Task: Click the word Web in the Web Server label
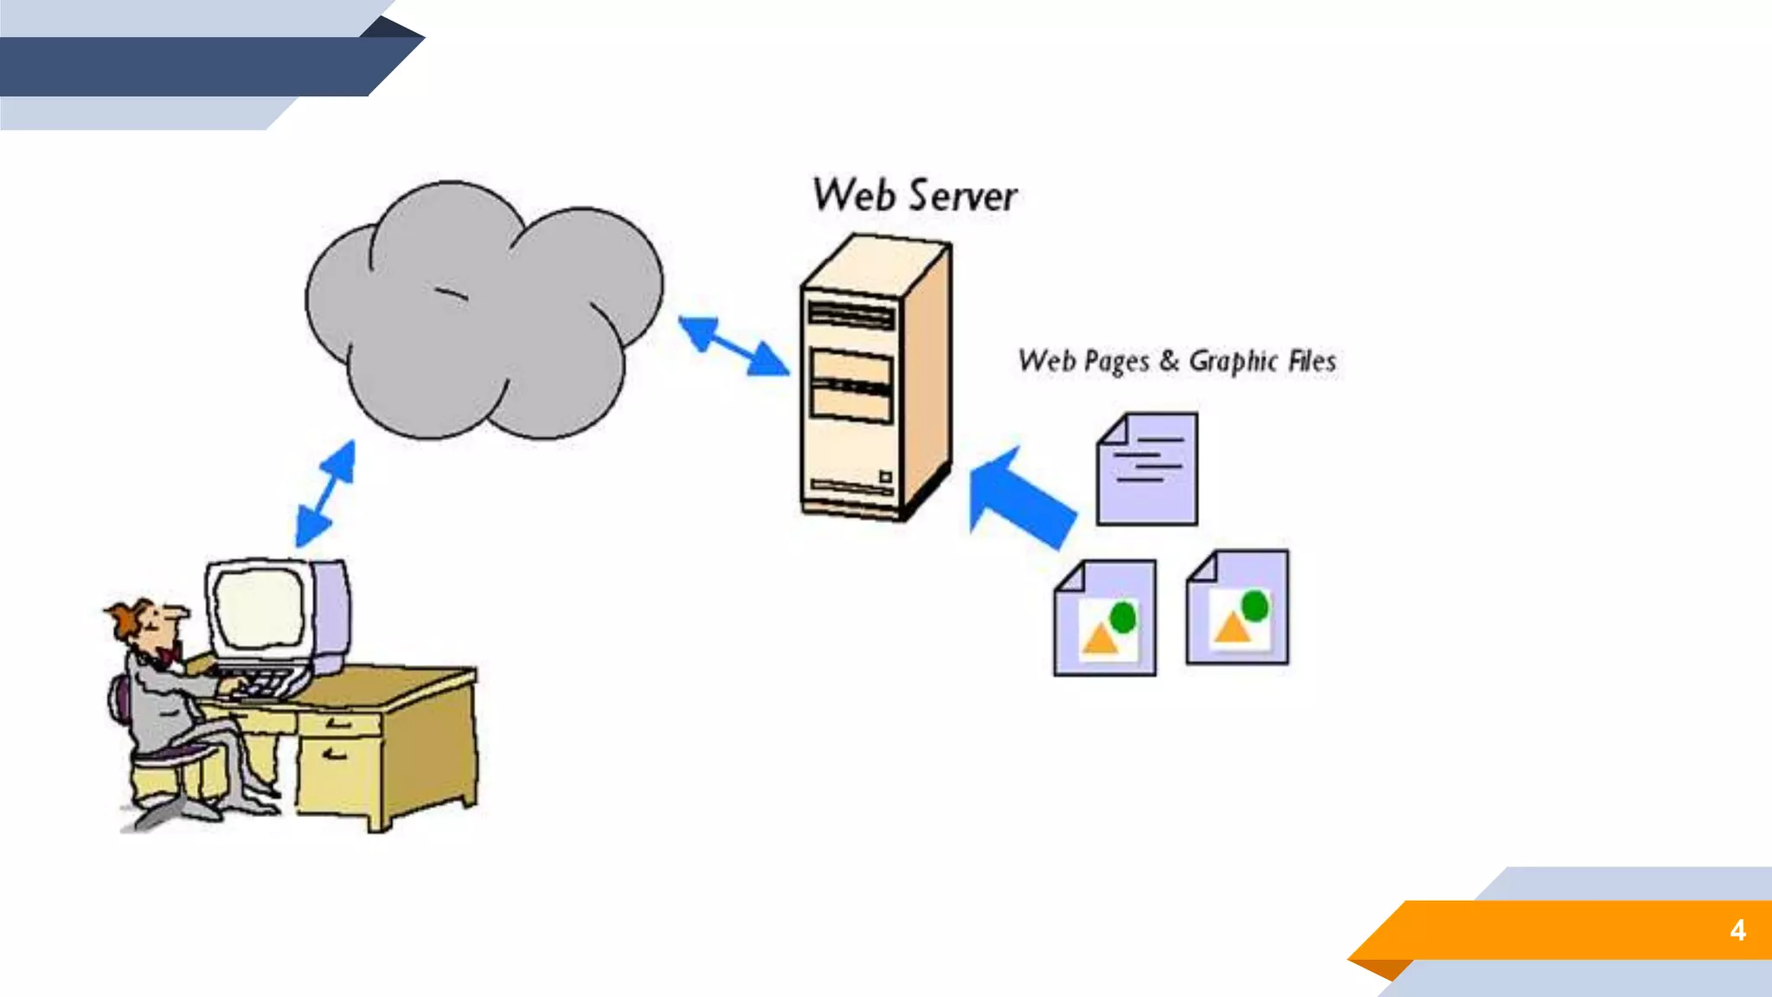point(853,196)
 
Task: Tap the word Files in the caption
point(1312,361)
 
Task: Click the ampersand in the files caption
point(1169,360)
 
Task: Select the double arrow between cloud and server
point(734,346)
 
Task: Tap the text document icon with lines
point(1147,470)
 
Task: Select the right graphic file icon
point(1237,608)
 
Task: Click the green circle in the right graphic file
point(1255,606)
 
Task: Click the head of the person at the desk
point(147,623)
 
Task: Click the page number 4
point(1737,930)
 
